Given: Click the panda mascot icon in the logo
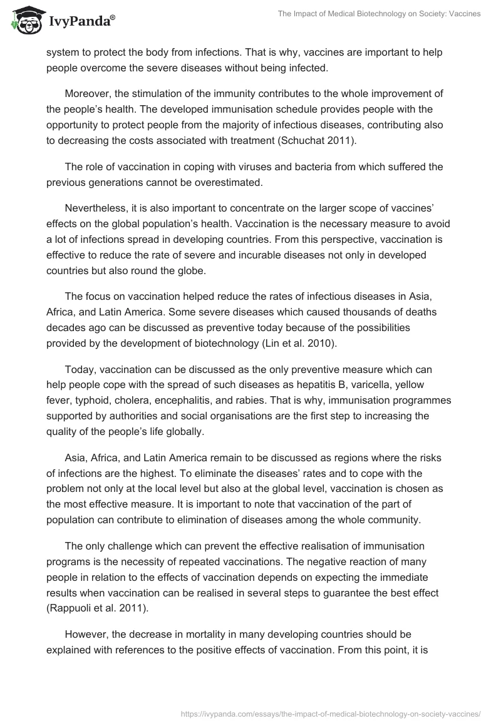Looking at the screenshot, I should tap(23, 20).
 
